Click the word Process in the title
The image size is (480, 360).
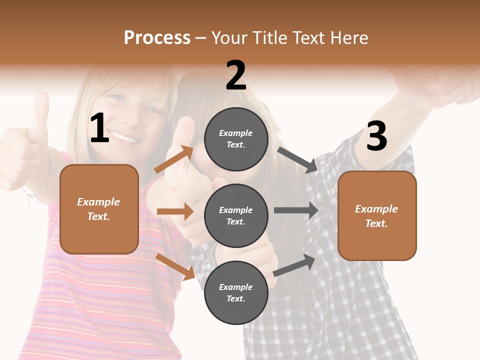point(157,38)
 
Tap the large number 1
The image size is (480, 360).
point(99,128)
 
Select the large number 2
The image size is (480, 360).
point(236,75)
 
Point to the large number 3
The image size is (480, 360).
point(376,136)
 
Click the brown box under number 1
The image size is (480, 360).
point(99,209)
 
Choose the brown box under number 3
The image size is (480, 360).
point(377,215)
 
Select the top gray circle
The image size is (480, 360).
point(236,139)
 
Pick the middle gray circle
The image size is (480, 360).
point(236,215)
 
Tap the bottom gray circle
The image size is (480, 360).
point(236,292)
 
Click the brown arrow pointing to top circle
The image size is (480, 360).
point(174,159)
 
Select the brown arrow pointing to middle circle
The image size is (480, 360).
point(175,211)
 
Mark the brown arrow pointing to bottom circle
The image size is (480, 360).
point(175,266)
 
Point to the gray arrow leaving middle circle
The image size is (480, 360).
point(296,210)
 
